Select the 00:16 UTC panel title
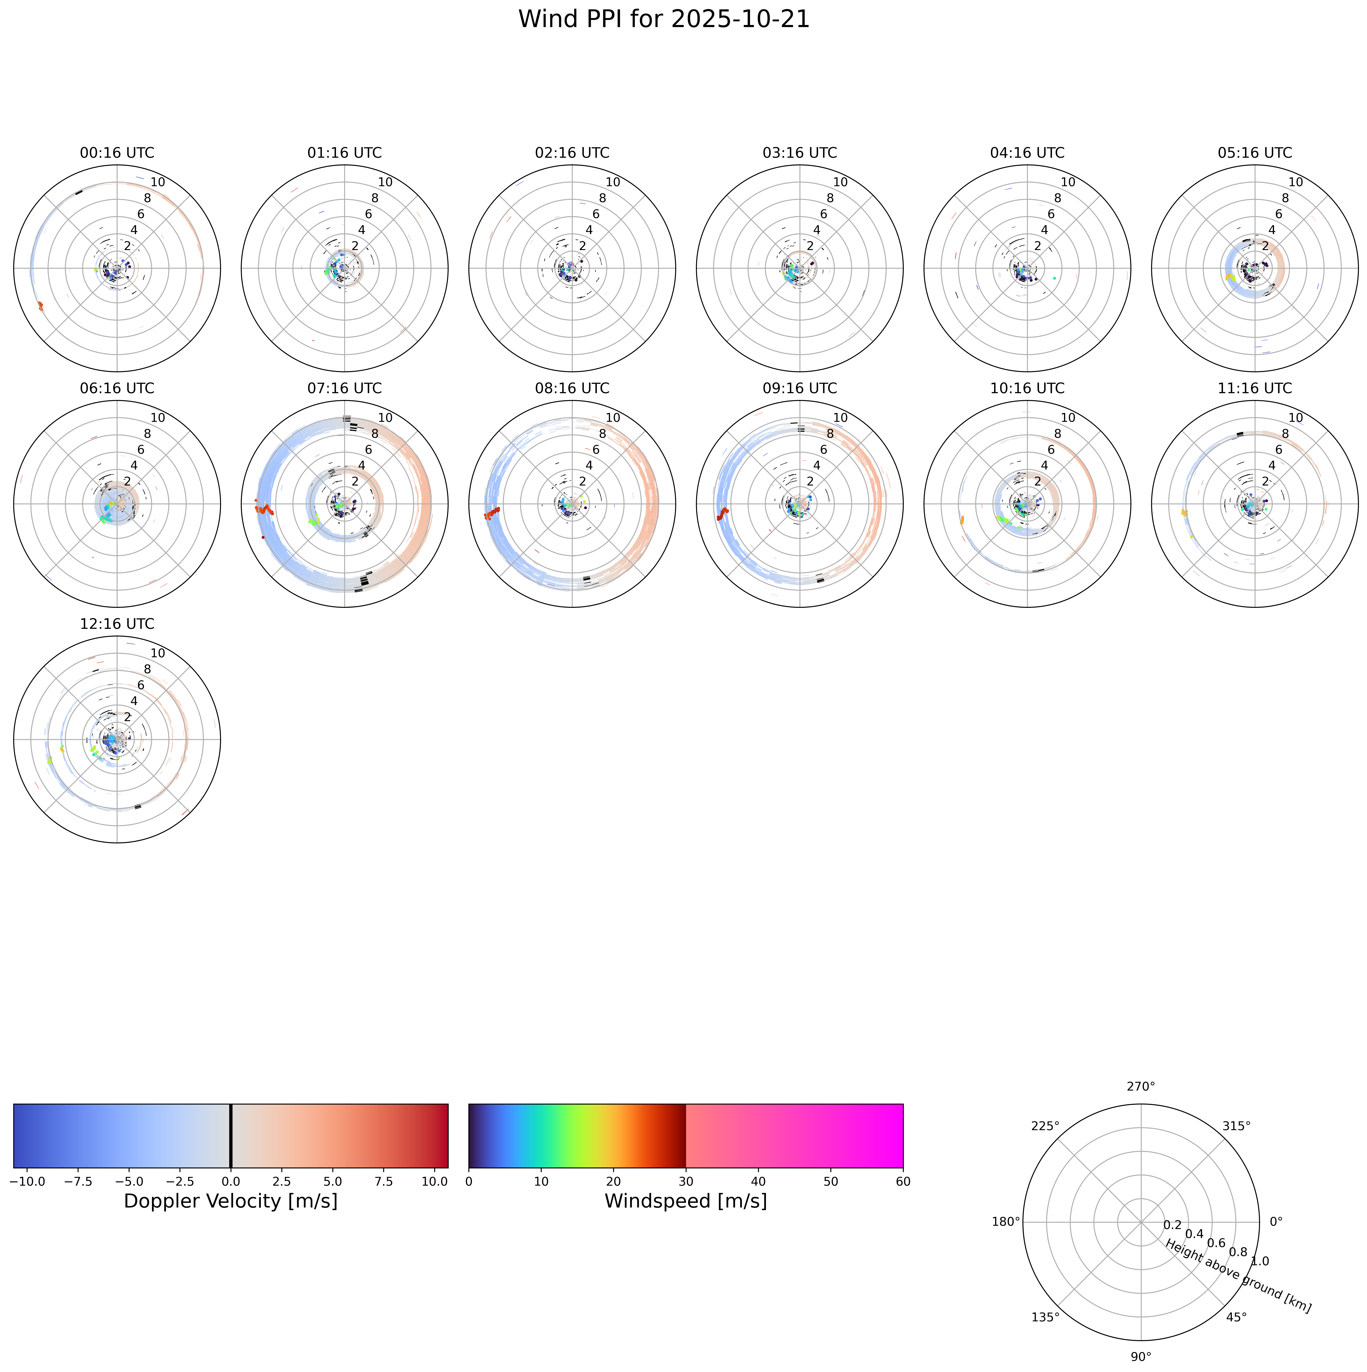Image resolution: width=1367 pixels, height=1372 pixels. click(117, 153)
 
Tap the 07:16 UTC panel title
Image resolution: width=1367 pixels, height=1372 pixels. click(344, 389)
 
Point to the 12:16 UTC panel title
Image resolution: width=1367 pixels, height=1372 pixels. click(117, 624)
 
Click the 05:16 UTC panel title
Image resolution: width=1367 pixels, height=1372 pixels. click(1255, 153)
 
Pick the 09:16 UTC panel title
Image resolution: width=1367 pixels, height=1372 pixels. click(800, 389)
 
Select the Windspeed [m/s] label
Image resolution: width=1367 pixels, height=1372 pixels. click(686, 1201)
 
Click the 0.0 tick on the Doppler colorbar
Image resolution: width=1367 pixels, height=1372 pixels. click(230, 1182)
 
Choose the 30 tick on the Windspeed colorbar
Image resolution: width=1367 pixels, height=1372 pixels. click(686, 1182)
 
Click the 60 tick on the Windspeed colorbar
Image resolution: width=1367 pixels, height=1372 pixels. click(903, 1182)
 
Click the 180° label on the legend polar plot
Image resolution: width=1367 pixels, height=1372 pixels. click(1006, 1222)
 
